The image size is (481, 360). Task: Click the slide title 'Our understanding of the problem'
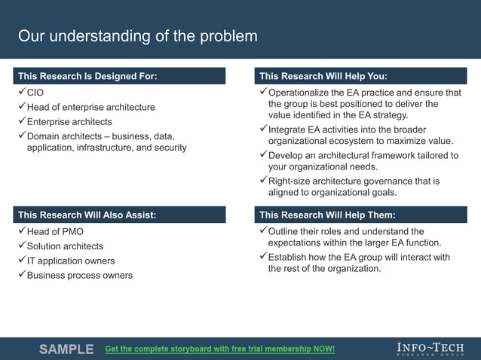pos(137,36)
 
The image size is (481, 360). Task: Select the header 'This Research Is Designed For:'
pos(87,76)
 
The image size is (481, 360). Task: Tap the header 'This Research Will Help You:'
pos(323,76)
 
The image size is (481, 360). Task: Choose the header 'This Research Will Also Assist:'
pos(87,215)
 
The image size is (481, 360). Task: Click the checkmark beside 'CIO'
pos(21,92)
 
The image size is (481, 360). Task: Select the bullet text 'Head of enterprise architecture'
pos(90,107)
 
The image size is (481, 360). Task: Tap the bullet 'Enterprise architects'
pos(69,122)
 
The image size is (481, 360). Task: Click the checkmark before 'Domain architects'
pos(21,136)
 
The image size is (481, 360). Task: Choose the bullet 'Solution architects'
pos(65,246)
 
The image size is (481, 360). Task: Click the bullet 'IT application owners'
pos(71,261)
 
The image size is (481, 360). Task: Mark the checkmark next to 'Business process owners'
pos(21,275)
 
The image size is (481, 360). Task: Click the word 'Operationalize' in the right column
pos(300,93)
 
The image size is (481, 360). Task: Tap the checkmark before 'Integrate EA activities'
pos(263,130)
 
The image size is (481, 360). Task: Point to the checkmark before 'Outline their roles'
pos(263,231)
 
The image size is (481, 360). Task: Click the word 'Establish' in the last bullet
pos(290,257)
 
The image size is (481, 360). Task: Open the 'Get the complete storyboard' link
pos(219,349)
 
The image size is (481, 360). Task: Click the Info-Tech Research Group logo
pos(430,349)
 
